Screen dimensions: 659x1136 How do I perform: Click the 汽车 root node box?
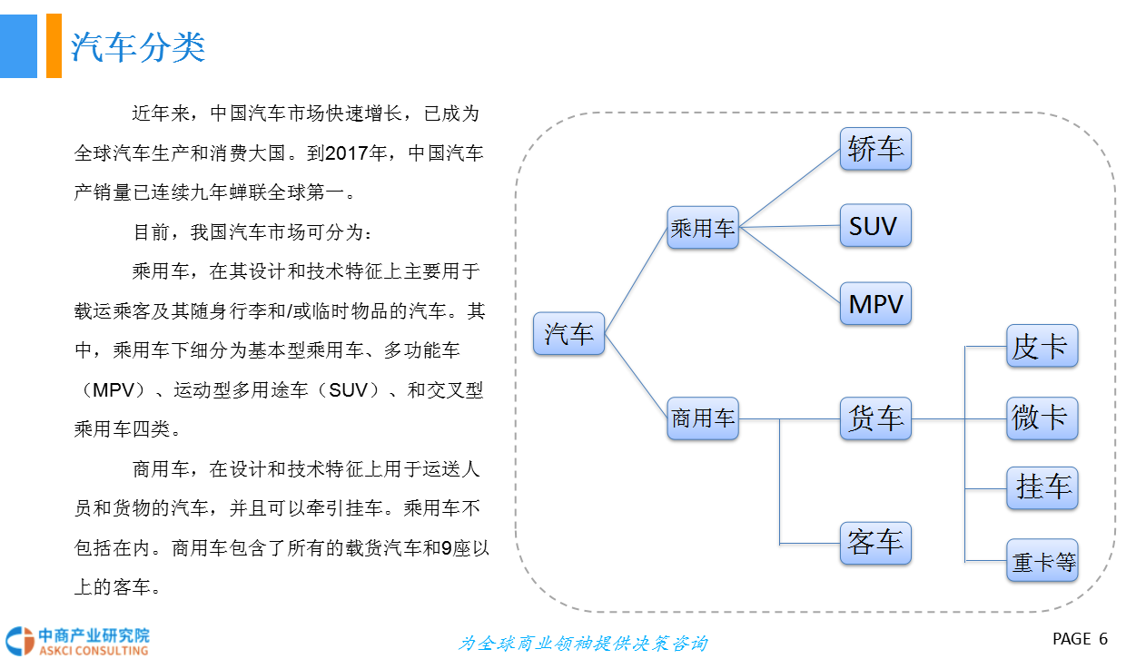tap(568, 333)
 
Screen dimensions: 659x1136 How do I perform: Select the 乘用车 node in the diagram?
tap(702, 227)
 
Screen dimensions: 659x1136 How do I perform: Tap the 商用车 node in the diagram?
tap(702, 418)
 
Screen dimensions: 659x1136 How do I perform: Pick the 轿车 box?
tap(874, 149)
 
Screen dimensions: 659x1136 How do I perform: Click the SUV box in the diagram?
tap(874, 226)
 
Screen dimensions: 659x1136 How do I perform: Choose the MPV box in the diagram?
tap(874, 304)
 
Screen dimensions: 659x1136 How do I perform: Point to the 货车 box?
tap(874, 418)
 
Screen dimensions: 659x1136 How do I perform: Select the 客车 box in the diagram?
tap(874, 543)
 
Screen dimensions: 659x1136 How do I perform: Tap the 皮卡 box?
tap(1042, 346)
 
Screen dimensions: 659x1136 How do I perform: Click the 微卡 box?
tap(1042, 418)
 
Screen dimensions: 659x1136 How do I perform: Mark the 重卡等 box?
tap(1042, 561)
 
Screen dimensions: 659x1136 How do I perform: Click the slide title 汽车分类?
tap(138, 47)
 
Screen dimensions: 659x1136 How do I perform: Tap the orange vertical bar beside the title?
tap(54, 45)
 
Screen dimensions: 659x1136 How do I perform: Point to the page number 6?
tap(1103, 639)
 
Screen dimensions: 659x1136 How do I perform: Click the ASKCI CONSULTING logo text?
tap(93, 650)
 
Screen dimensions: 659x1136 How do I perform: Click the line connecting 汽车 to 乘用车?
tap(636, 279)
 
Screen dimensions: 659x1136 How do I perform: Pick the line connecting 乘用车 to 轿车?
tap(788, 187)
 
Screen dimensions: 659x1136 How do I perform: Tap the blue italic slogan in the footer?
tap(583, 643)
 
